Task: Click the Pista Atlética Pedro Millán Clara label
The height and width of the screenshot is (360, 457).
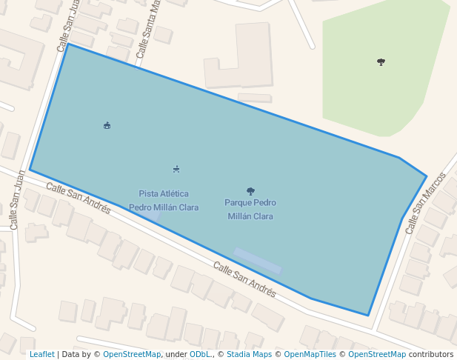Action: [x=164, y=201]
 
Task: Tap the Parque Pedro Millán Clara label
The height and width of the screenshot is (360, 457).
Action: [x=250, y=209]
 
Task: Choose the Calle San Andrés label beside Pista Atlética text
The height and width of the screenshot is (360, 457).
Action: [x=79, y=199]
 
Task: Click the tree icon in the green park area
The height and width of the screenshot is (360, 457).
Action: [x=381, y=62]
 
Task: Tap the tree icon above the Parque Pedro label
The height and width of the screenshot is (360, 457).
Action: [x=250, y=191]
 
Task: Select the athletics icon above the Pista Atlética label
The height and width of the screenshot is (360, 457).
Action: [x=176, y=170]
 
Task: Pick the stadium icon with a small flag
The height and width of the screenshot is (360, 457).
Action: [x=107, y=125]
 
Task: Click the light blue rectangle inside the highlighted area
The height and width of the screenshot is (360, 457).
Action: [x=258, y=261]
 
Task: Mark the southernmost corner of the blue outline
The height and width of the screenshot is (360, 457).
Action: [x=368, y=316]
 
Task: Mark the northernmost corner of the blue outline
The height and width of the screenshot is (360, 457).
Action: [x=68, y=44]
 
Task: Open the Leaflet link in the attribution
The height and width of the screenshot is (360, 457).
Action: [x=42, y=355]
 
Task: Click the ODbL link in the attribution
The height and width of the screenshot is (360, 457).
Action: [x=200, y=355]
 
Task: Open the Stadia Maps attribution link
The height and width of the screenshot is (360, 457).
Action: [x=249, y=355]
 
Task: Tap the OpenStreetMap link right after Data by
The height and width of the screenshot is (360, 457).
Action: [x=132, y=355]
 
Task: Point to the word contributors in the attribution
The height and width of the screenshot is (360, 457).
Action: [x=431, y=355]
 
